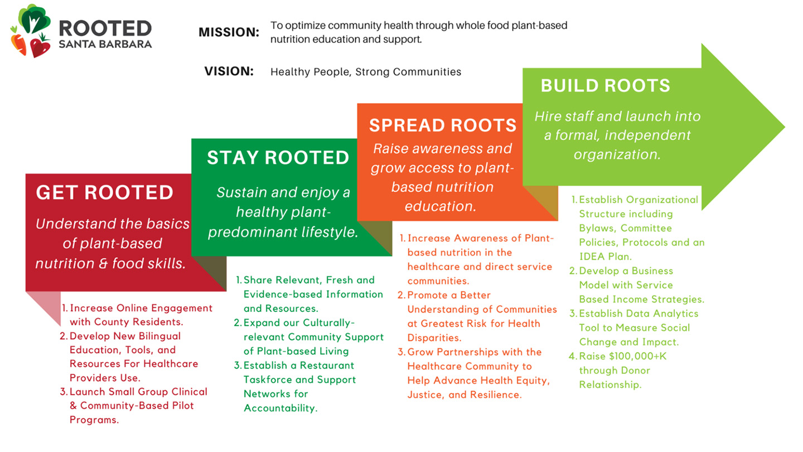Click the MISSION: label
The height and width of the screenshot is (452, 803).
point(229,32)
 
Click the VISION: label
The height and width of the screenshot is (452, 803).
point(229,71)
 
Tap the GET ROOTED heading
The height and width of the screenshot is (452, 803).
point(104,193)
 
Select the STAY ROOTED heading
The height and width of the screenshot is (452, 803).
point(278,157)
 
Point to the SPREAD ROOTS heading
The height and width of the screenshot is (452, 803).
point(443,125)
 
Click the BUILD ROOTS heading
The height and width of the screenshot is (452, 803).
point(606,86)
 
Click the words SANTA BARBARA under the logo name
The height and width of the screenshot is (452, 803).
point(105,44)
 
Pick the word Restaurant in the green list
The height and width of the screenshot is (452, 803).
point(327,365)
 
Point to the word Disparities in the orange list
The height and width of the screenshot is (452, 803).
point(434,338)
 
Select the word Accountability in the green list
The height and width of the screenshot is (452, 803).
point(280,408)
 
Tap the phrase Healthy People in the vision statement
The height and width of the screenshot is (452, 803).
point(311,72)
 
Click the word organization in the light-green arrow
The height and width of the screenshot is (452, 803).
point(617,155)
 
